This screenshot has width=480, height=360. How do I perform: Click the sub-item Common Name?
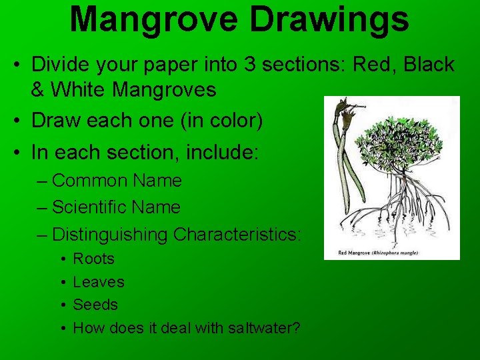point(117,181)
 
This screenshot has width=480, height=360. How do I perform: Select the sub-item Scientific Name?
point(116,207)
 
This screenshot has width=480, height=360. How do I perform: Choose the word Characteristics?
point(237,235)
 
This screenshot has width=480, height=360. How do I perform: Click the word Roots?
point(93,259)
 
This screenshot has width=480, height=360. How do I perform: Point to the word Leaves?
point(98,282)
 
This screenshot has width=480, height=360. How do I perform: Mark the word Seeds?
point(95,305)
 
